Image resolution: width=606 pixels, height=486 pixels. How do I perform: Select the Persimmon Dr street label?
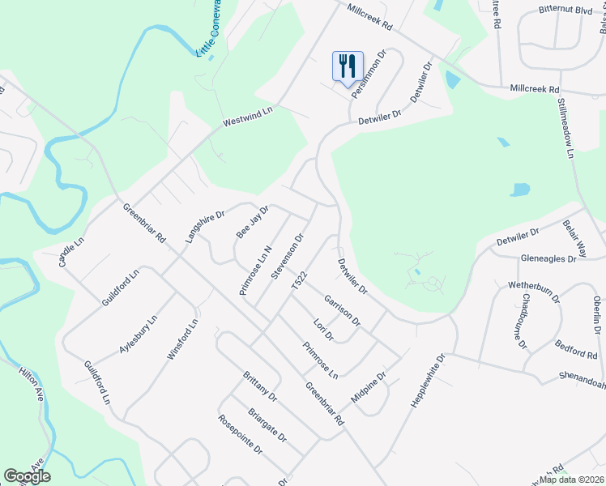369,74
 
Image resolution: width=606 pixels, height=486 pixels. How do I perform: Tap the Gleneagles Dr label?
548,258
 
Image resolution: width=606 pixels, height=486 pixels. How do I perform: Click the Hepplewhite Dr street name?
429,379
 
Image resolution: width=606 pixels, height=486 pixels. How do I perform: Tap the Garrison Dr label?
342,310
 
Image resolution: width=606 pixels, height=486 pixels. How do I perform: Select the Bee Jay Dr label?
252,221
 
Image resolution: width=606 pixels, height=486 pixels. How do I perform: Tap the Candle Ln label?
70,252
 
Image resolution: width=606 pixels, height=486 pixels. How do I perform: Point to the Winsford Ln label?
183,341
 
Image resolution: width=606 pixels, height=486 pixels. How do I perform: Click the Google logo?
27,476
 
